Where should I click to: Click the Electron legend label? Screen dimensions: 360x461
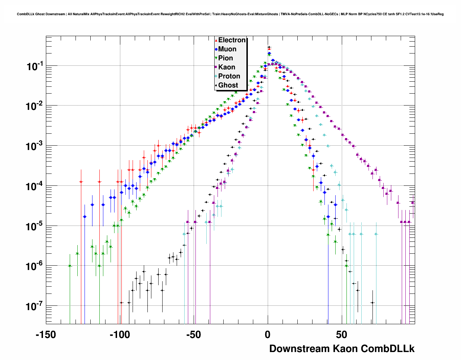[232, 40]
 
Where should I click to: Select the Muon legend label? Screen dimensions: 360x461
[227, 49]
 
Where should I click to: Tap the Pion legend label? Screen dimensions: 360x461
[225, 58]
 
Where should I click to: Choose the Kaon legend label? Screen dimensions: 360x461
[227, 67]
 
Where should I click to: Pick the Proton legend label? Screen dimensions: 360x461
[229, 76]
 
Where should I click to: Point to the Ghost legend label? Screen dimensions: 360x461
[228, 85]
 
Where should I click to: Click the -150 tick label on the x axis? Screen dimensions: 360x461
[46, 335]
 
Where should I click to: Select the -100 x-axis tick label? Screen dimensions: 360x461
[120, 335]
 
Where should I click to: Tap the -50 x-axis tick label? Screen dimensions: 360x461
[194, 335]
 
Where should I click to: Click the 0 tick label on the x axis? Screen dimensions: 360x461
[268, 335]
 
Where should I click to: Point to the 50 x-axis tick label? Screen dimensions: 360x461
[341, 335]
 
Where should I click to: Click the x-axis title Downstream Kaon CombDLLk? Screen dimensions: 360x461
[342, 349]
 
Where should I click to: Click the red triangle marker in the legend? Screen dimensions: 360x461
[216, 40]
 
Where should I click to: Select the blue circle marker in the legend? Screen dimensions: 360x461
[216, 49]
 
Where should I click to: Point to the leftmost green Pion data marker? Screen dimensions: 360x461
[70, 266]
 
